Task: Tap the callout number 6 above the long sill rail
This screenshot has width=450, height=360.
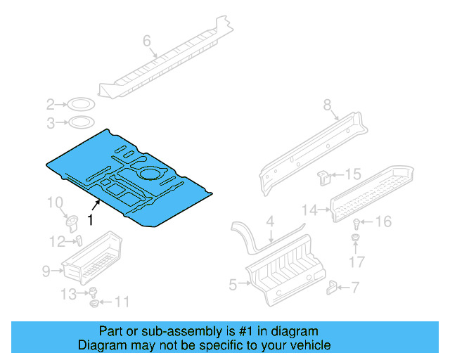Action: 147,41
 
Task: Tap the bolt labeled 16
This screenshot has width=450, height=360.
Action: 357,224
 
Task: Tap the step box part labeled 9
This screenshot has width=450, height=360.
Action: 95,257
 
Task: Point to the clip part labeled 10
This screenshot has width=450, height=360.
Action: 71,223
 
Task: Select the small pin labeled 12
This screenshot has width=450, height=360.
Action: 79,241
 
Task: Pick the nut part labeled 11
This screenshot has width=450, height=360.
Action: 95,304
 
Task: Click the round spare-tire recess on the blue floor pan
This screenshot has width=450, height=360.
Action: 150,172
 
